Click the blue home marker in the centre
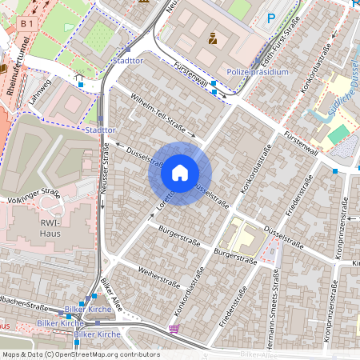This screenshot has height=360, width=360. tap(180, 172)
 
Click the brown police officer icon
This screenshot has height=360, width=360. tap(213, 38)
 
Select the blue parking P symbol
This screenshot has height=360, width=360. tap(271, 18)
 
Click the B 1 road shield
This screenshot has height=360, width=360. tap(27, 25)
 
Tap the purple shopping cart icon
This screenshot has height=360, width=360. tap(174, 328)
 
